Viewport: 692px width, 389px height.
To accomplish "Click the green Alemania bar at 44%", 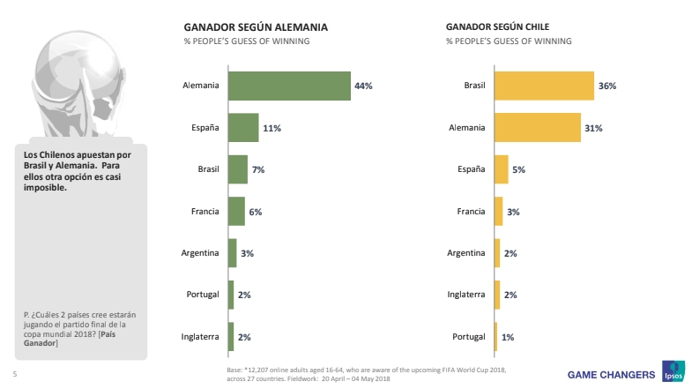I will click(x=289, y=86).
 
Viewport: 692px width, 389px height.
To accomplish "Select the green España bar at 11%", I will click(x=243, y=128).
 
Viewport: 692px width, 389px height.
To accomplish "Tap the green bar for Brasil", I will click(x=238, y=169).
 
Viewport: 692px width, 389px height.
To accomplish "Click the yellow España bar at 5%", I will click(x=502, y=169).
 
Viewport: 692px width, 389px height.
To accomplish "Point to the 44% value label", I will click(x=363, y=86).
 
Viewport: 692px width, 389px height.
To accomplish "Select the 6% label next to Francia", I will click(x=255, y=212).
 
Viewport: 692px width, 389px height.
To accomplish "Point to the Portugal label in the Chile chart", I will click(x=468, y=337).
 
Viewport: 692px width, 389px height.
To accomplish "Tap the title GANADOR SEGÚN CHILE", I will click(x=495, y=26).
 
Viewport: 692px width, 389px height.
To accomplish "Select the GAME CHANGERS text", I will click(x=610, y=371).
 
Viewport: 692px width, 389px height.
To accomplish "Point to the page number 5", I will click(x=14, y=372).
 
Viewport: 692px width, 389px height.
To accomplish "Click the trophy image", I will click(x=66, y=79).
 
